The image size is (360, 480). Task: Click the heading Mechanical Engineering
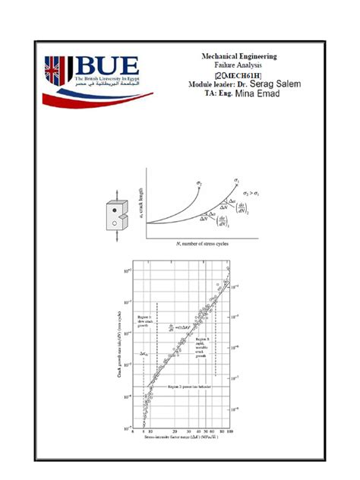(238, 56)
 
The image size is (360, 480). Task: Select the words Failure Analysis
(238, 66)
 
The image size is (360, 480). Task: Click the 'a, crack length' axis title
(141, 201)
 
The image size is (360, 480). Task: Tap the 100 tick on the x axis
(230, 432)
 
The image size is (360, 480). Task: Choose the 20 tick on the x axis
(175, 432)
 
